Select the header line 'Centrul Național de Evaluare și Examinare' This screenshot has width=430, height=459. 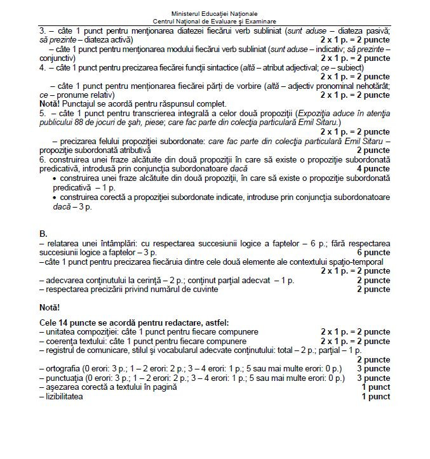click(x=215, y=21)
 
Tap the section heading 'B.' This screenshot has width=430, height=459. click(x=43, y=234)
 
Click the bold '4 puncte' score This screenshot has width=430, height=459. click(x=373, y=169)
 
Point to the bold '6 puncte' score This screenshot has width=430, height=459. click(x=373, y=252)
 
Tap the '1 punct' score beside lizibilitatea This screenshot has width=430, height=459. click(x=375, y=397)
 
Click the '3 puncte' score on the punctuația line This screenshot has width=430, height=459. click(x=373, y=378)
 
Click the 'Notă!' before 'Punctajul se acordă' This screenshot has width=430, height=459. click(x=51, y=104)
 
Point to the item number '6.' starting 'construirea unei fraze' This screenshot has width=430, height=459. click(x=43, y=160)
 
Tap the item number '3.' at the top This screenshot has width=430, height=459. click(x=43, y=30)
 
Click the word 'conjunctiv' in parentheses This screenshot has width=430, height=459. click(x=60, y=58)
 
